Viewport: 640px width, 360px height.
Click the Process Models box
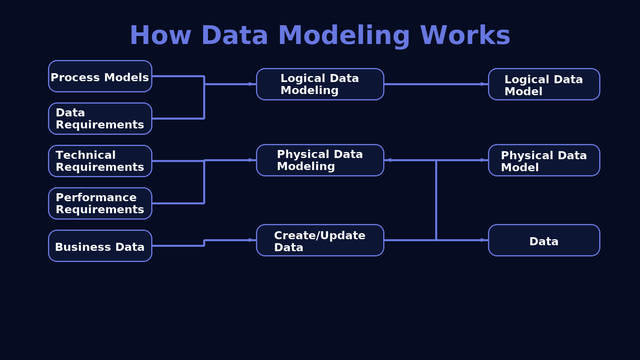[100, 76]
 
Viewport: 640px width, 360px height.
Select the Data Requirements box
[100, 119]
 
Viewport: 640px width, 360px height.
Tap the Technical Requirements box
[100, 161]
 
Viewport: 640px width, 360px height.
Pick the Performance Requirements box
[100, 204]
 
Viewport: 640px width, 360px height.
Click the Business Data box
[100, 246]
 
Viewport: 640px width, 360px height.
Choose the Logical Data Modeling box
[320, 84]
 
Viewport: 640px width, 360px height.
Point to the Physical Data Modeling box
[320, 160]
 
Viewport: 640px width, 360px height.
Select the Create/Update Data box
[320, 240]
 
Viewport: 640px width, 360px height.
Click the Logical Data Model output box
[544, 84]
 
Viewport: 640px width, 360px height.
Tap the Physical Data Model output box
[544, 160]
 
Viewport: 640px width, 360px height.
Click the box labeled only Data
[544, 240]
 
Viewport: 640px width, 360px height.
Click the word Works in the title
[465, 35]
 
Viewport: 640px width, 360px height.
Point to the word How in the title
[160, 35]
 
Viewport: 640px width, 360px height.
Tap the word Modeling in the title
[344, 35]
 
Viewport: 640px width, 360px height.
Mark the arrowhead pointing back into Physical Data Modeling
[388, 160]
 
